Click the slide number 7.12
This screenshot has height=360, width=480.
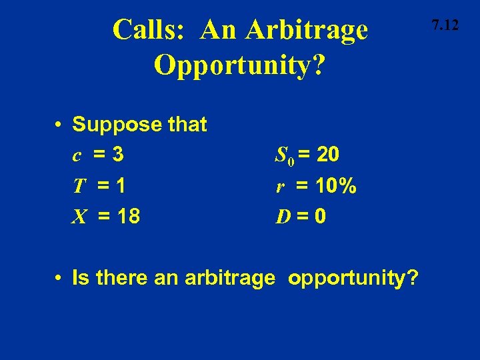pos(445,26)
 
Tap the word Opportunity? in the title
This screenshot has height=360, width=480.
pos(240,64)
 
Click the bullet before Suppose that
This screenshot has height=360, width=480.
pos(59,125)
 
